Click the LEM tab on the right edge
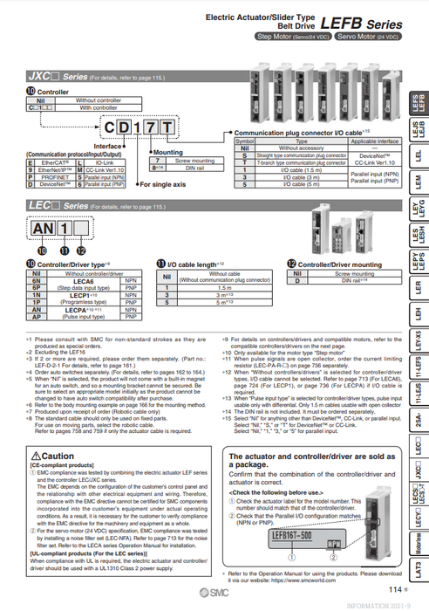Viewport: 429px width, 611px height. [x=419, y=182]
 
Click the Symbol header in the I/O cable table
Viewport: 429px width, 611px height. [x=246, y=140]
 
